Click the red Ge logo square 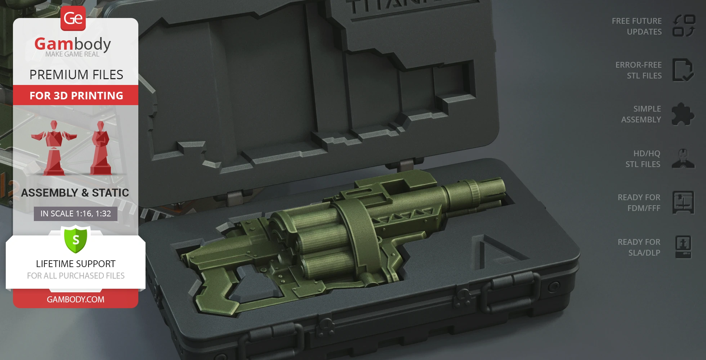pyautogui.click(x=73, y=18)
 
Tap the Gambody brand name pyautogui.click(x=73, y=44)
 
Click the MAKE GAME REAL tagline pyautogui.click(x=72, y=54)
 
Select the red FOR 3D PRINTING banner pyautogui.click(x=76, y=95)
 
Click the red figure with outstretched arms pyautogui.click(x=54, y=148)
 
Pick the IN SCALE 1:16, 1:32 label pyautogui.click(x=76, y=213)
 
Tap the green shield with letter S pyautogui.click(x=76, y=239)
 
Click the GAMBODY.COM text pyautogui.click(x=76, y=300)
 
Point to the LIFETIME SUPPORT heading pyautogui.click(x=76, y=264)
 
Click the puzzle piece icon pyautogui.click(x=683, y=114)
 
